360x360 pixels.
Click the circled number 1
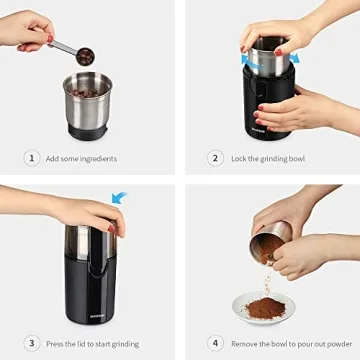(33, 158)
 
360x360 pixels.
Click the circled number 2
(215, 158)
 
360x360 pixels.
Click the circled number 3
(33, 343)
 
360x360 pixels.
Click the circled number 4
(214, 343)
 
